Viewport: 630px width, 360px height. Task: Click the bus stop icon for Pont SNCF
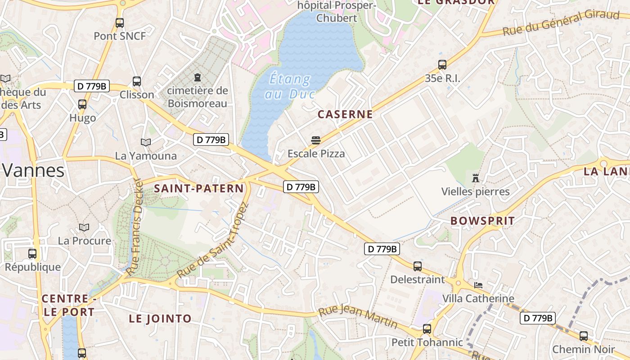coord(120,22)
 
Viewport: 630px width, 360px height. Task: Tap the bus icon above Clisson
coord(137,81)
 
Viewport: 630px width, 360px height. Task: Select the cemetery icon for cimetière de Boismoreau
coord(197,78)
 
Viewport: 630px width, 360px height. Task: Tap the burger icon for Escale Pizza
coord(316,140)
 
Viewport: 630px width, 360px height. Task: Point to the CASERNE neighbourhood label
coord(345,114)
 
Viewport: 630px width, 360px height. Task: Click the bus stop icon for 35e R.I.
coord(442,65)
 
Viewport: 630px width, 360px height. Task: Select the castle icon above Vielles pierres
coord(476,178)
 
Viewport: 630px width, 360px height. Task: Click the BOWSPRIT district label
coord(482,221)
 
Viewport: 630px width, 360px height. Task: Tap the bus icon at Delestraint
coord(418,266)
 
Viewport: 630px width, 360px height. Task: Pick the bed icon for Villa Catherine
coord(478,285)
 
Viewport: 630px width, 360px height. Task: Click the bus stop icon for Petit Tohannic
coord(427,329)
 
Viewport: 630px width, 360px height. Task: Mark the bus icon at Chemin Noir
coord(584,336)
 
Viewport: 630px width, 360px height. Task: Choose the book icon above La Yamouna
coord(146,142)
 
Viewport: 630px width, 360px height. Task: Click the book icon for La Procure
coord(84,227)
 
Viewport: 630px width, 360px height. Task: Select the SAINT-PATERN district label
coord(199,189)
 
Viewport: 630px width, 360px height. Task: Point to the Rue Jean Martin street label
coord(358,317)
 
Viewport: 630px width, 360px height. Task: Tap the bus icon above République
coord(32,253)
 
